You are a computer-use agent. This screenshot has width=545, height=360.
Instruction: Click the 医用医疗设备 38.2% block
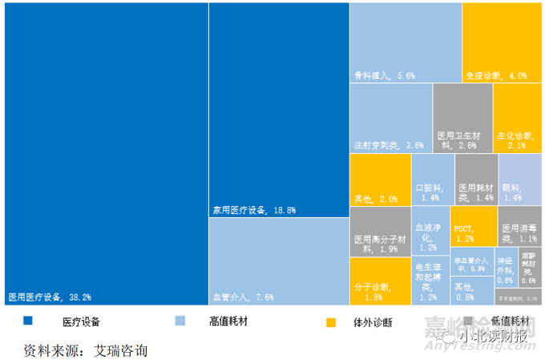pyautogui.click(x=104, y=152)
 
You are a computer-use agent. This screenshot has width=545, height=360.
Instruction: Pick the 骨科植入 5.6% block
pyautogui.click(x=405, y=42)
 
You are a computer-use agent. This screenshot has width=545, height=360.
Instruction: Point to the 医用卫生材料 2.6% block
pyautogui.click(x=462, y=118)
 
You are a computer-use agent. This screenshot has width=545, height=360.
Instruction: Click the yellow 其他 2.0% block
pyautogui.click(x=380, y=180)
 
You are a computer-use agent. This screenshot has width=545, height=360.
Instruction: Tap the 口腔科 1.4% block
pyautogui.click(x=432, y=180)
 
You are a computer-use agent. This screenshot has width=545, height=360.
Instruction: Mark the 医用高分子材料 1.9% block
pyautogui.click(x=380, y=233)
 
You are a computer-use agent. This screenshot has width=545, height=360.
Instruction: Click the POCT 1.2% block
pyautogui.click(x=473, y=225)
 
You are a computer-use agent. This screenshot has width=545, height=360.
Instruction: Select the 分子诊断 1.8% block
pyautogui.click(x=380, y=281)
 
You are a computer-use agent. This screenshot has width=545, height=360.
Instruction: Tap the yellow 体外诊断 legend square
pyautogui.click(x=329, y=322)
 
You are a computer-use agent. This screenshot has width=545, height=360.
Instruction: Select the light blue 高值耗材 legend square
pyautogui.click(x=180, y=322)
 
